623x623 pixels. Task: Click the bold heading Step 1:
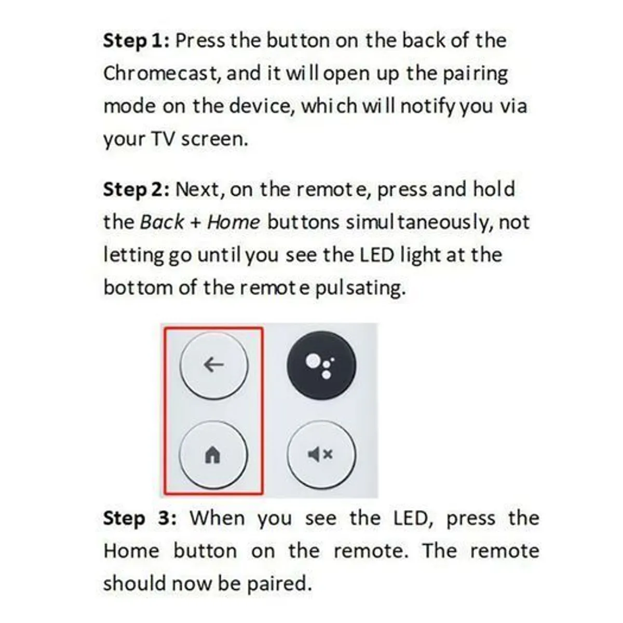(136, 40)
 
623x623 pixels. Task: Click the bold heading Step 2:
(136, 189)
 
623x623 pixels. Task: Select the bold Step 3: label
(140, 518)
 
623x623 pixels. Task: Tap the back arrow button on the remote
(214, 365)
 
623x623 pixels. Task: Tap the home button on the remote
(213, 455)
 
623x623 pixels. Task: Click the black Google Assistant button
(321, 365)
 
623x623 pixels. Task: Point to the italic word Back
(161, 222)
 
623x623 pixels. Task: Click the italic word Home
(233, 222)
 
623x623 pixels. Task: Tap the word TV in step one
(163, 139)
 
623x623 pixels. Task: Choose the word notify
(428, 106)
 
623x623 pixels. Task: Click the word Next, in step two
(199, 189)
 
